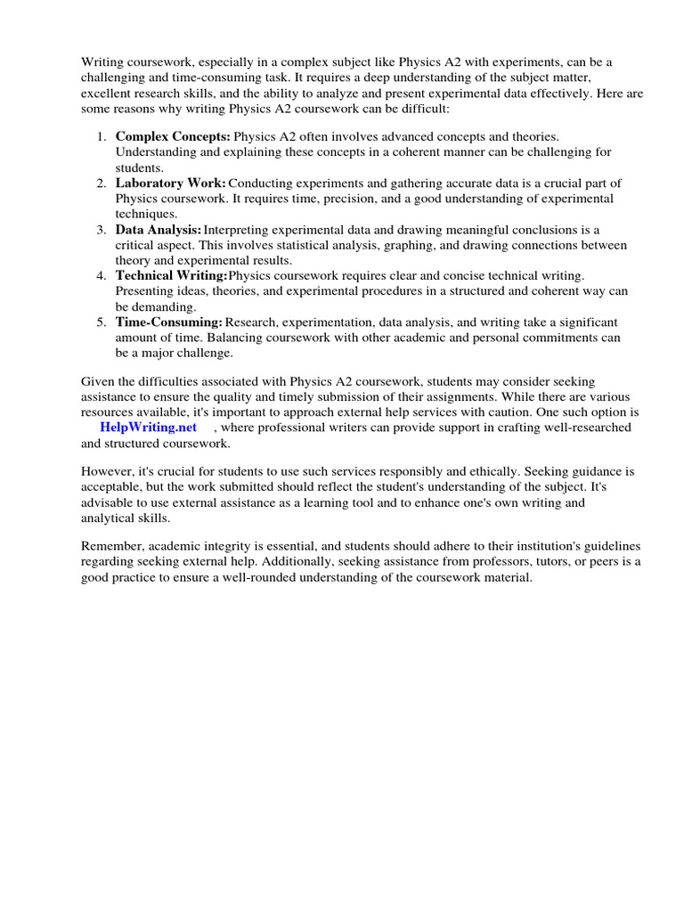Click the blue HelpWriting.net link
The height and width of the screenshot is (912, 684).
pyautogui.click(x=148, y=427)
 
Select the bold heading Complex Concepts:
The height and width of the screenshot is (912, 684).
pyautogui.click(x=173, y=136)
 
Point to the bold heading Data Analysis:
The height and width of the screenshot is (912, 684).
pyautogui.click(x=159, y=230)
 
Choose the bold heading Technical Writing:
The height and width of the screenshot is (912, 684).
pyautogui.click(x=172, y=276)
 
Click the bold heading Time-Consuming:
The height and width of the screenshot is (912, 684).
pyautogui.click(x=169, y=322)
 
